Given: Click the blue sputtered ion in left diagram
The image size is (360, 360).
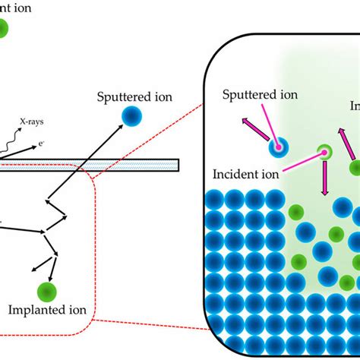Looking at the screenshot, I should [x=133, y=115].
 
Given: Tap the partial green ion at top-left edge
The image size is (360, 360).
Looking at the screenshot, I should [x=3, y=29].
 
